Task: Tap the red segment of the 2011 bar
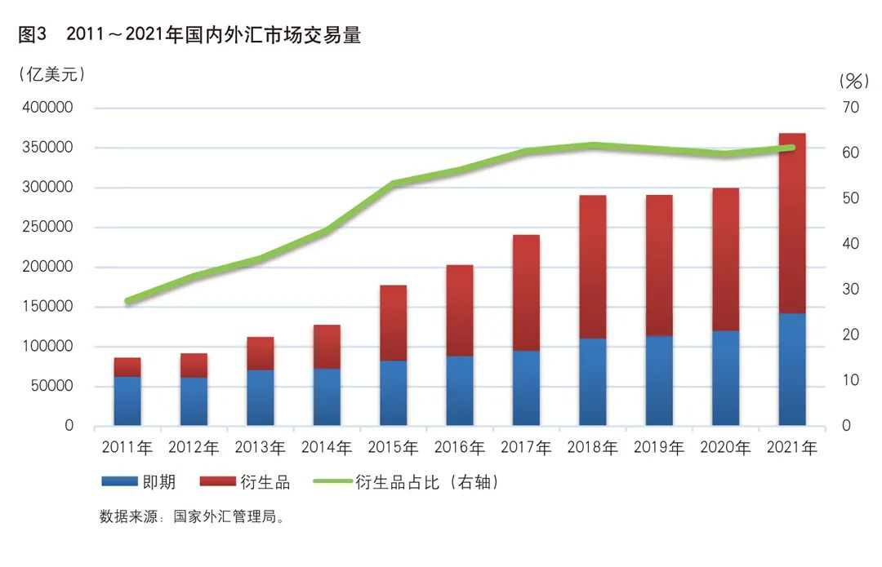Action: (x=127, y=367)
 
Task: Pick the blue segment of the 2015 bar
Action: (x=394, y=393)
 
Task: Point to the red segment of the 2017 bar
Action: (x=527, y=293)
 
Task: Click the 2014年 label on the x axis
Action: (x=327, y=447)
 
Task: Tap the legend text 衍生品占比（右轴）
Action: (x=426, y=482)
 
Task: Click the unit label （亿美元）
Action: (x=51, y=74)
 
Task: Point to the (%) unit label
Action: (x=853, y=81)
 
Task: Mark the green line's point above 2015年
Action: (x=394, y=184)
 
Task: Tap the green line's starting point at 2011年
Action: (x=127, y=301)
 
